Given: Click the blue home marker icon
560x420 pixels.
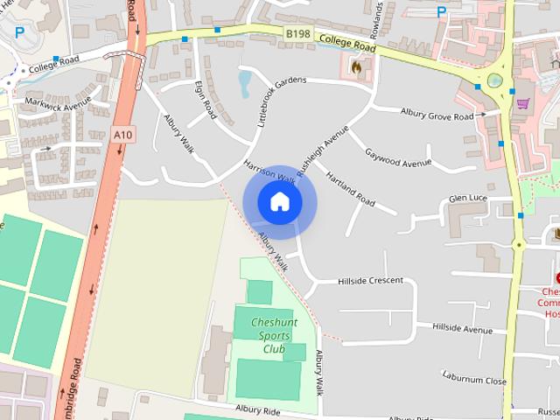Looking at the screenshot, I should [x=279, y=202].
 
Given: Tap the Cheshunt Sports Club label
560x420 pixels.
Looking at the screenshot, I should [x=274, y=336].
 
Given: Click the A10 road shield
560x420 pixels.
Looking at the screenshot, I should [x=123, y=135].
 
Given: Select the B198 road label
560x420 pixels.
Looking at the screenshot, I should [x=297, y=33].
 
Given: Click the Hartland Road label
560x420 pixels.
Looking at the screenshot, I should [x=350, y=189].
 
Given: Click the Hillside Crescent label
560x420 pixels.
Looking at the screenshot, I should [x=370, y=281].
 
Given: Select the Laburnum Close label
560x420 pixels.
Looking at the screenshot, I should [x=474, y=381].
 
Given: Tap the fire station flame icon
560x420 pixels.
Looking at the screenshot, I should [x=355, y=66].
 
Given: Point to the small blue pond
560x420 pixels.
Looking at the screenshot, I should [x=244, y=83].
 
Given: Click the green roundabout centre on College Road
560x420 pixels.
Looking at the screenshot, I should [x=495, y=81].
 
